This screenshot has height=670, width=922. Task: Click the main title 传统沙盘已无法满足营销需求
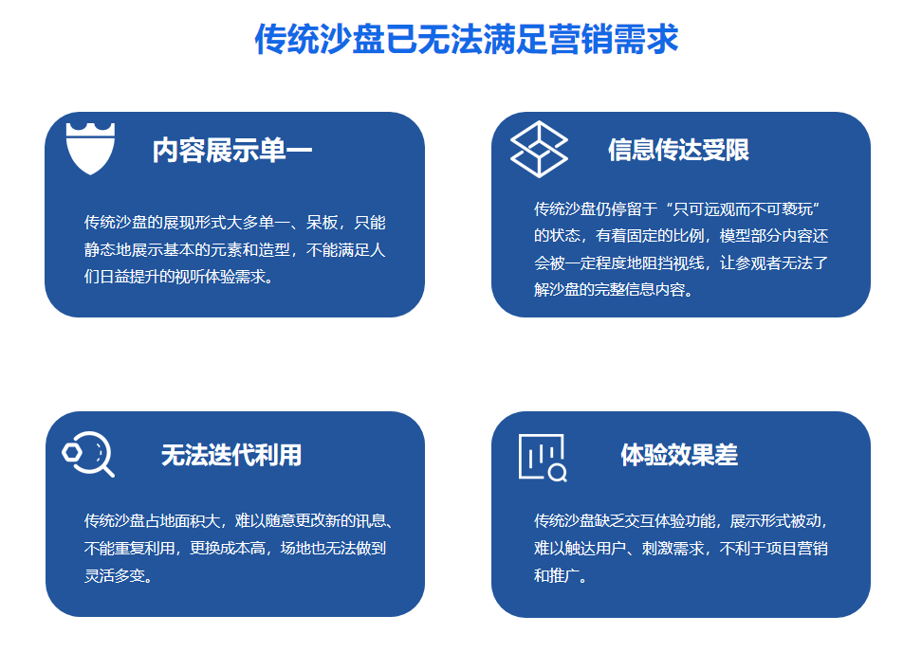pyautogui.click(x=467, y=40)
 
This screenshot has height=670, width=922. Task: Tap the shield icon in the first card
pyautogui.click(x=90, y=149)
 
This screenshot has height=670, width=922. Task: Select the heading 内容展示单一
pyautogui.click(x=231, y=151)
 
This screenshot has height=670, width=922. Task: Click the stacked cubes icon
pyautogui.click(x=539, y=149)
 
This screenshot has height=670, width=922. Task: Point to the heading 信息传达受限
pyautogui.click(x=678, y=150)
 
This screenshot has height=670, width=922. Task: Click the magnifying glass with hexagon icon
pyautogui.click(x=88, y=454)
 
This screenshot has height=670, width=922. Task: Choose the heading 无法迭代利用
pyautogui.click(x=231, y=455)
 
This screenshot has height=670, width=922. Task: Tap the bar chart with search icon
pyautogui.click(x=543, y=458)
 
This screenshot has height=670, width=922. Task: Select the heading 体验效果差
pyautogui.click(x=679, y=455)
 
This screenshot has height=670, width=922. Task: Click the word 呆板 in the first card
pyautogui.click(x=323, y=223)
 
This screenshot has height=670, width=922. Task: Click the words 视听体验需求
pyautogui.click(x=220, y=277)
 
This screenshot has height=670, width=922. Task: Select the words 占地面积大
pyautogui.click(x=182, y=521)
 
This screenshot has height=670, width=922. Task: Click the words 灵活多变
pyautogui.click(x=114, y=575)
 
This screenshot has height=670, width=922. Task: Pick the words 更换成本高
pyautogui.click(x=228, y=548)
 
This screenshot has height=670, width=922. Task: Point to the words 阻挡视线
pyautogui.click(x=673, y=263)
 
